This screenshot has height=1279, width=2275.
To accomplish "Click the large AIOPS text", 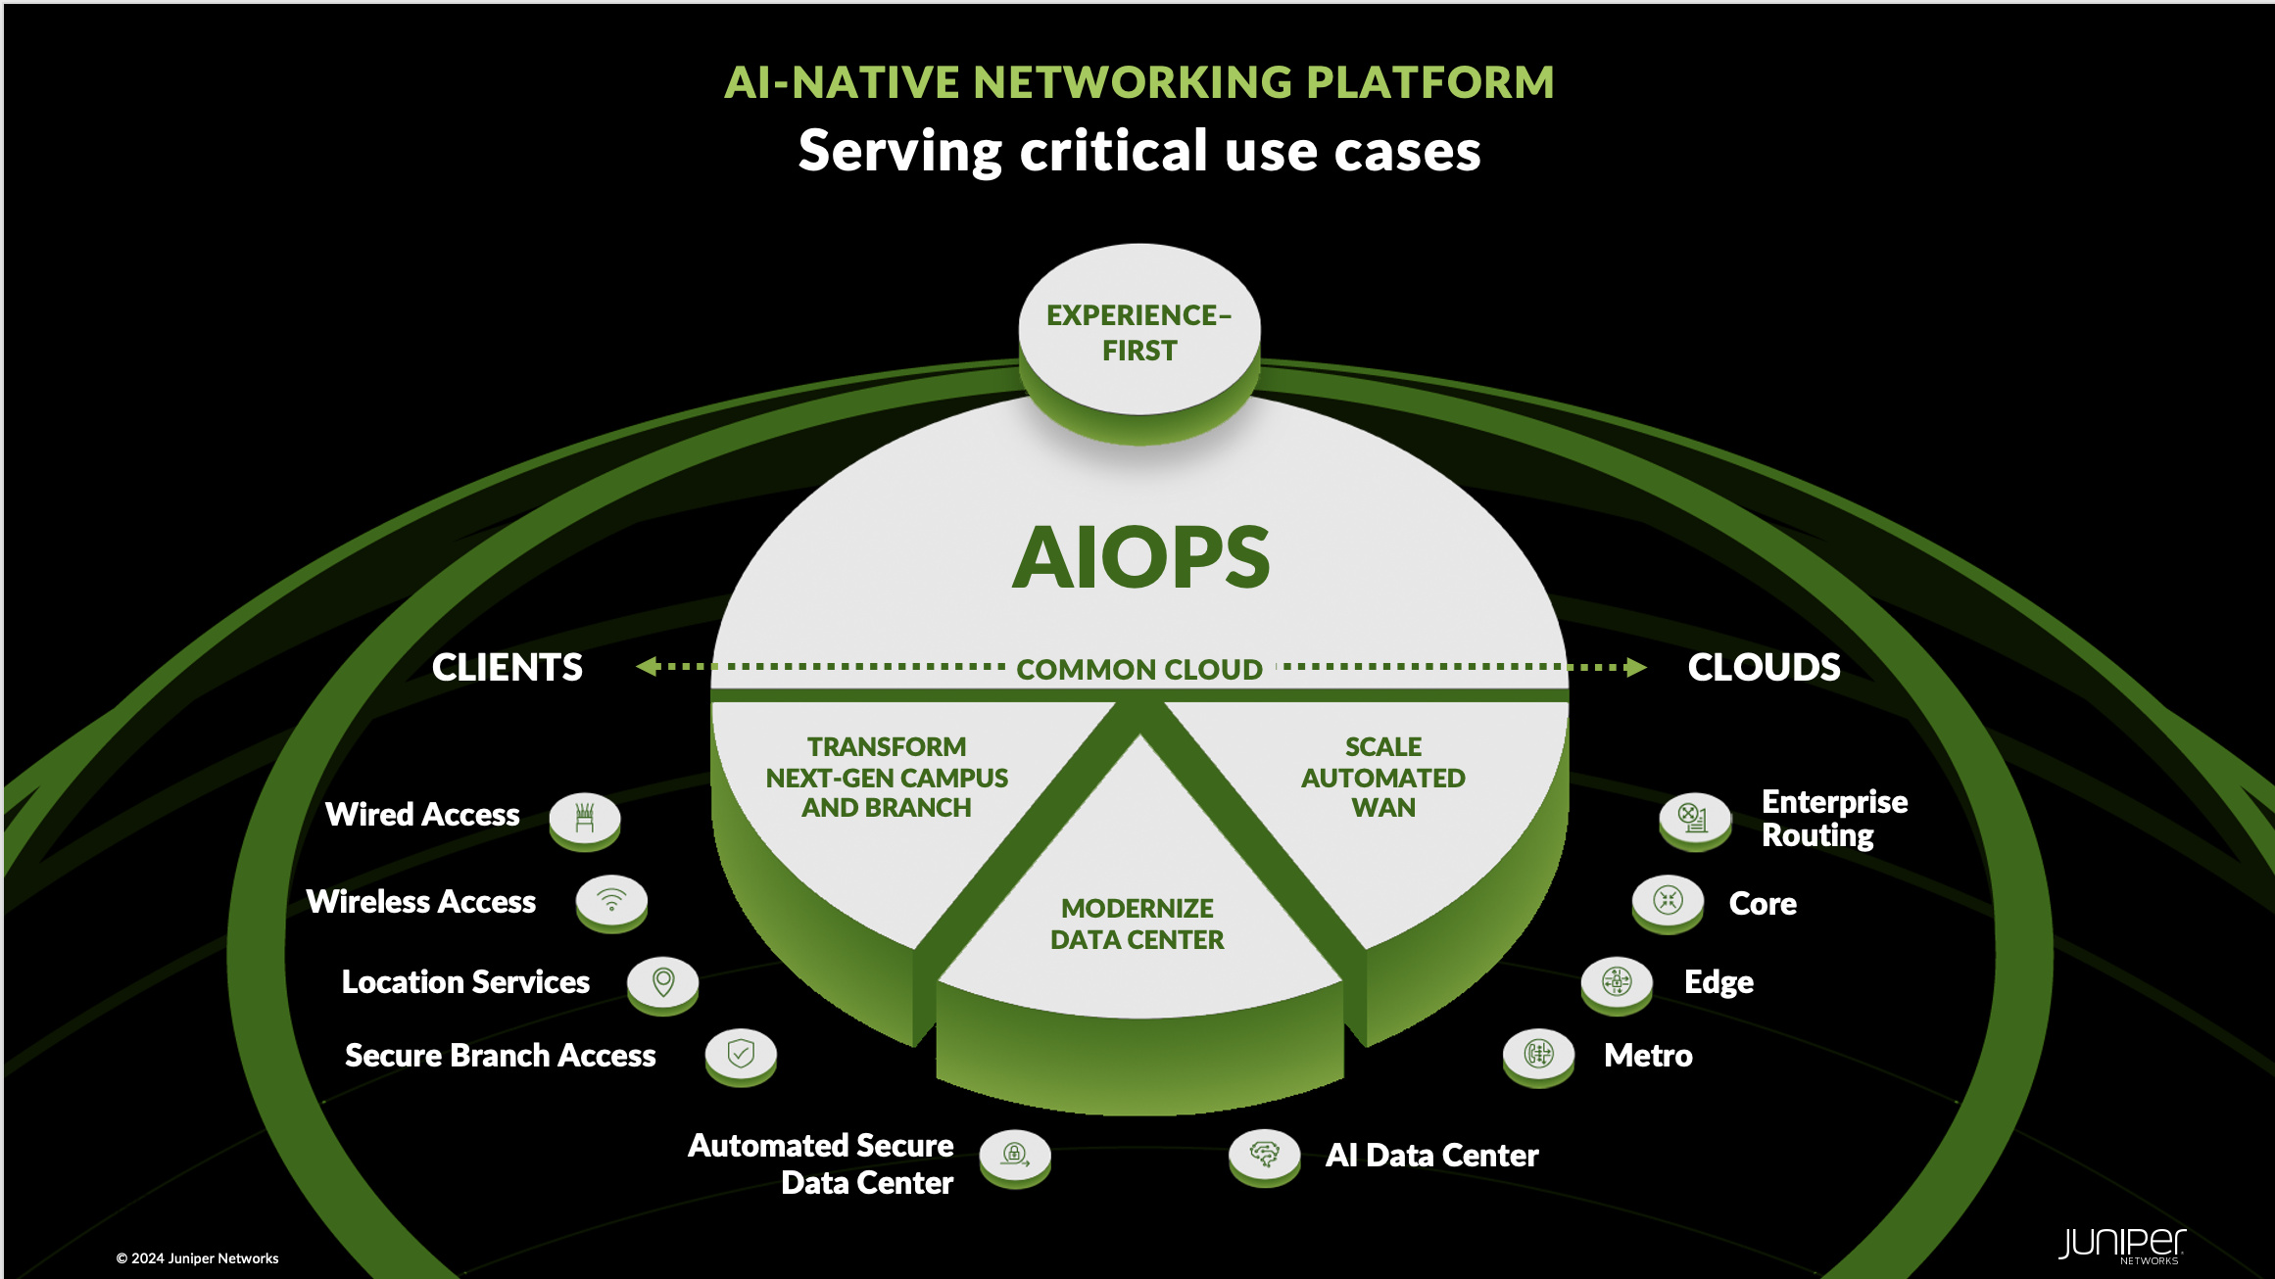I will [1140, 557].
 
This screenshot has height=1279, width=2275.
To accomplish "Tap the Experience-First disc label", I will [1138, 333].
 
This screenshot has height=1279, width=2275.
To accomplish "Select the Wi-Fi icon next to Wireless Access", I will [611, 900].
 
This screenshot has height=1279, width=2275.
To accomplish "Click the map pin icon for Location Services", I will [663, 981].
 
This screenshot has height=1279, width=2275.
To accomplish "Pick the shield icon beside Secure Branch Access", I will [741, 1054].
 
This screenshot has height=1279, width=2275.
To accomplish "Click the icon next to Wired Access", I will [585, 817].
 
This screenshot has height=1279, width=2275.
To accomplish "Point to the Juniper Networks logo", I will [2121, 1245].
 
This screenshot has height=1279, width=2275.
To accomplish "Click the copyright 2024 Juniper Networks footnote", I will [198, 1258].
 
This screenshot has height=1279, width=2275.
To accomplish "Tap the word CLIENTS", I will [507, 668].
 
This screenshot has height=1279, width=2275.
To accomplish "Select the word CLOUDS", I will [1764, 668].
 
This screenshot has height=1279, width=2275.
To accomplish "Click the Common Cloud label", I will [1139, 670].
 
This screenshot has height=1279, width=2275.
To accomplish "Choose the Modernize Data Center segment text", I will [1137, 924].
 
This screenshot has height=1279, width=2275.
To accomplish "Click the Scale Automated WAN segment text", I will [1382, 778].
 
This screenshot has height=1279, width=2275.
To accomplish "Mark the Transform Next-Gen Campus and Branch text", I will [887, 778].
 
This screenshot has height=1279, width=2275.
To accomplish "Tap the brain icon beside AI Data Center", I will [1264, 1155].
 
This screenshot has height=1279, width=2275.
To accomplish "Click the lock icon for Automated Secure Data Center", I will [1015, 1155].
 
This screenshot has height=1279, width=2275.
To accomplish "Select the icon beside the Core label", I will [1668, 900].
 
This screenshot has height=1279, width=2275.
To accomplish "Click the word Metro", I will [1648, 1056].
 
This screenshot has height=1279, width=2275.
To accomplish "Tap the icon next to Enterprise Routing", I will [1694, 817].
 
